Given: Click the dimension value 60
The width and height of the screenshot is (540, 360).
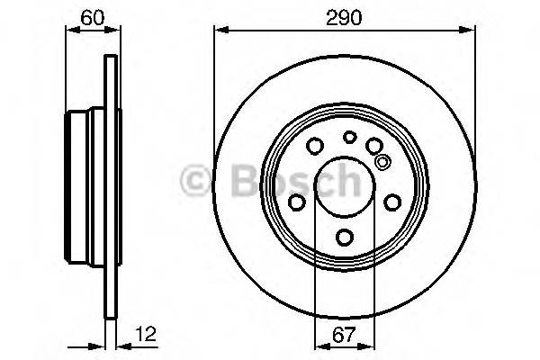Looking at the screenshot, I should [89, 17].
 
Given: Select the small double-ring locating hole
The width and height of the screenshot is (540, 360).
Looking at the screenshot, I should [382, 163].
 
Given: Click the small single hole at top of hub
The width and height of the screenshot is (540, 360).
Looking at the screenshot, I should [349, 137].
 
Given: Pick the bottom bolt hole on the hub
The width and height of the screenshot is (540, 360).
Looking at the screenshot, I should [346, 237].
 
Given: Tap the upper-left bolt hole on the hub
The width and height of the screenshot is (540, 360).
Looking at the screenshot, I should [315, 147].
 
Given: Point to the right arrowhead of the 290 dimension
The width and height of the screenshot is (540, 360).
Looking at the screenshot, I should [471, 30].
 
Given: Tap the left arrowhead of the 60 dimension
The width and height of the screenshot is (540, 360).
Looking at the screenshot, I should [73, 30].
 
